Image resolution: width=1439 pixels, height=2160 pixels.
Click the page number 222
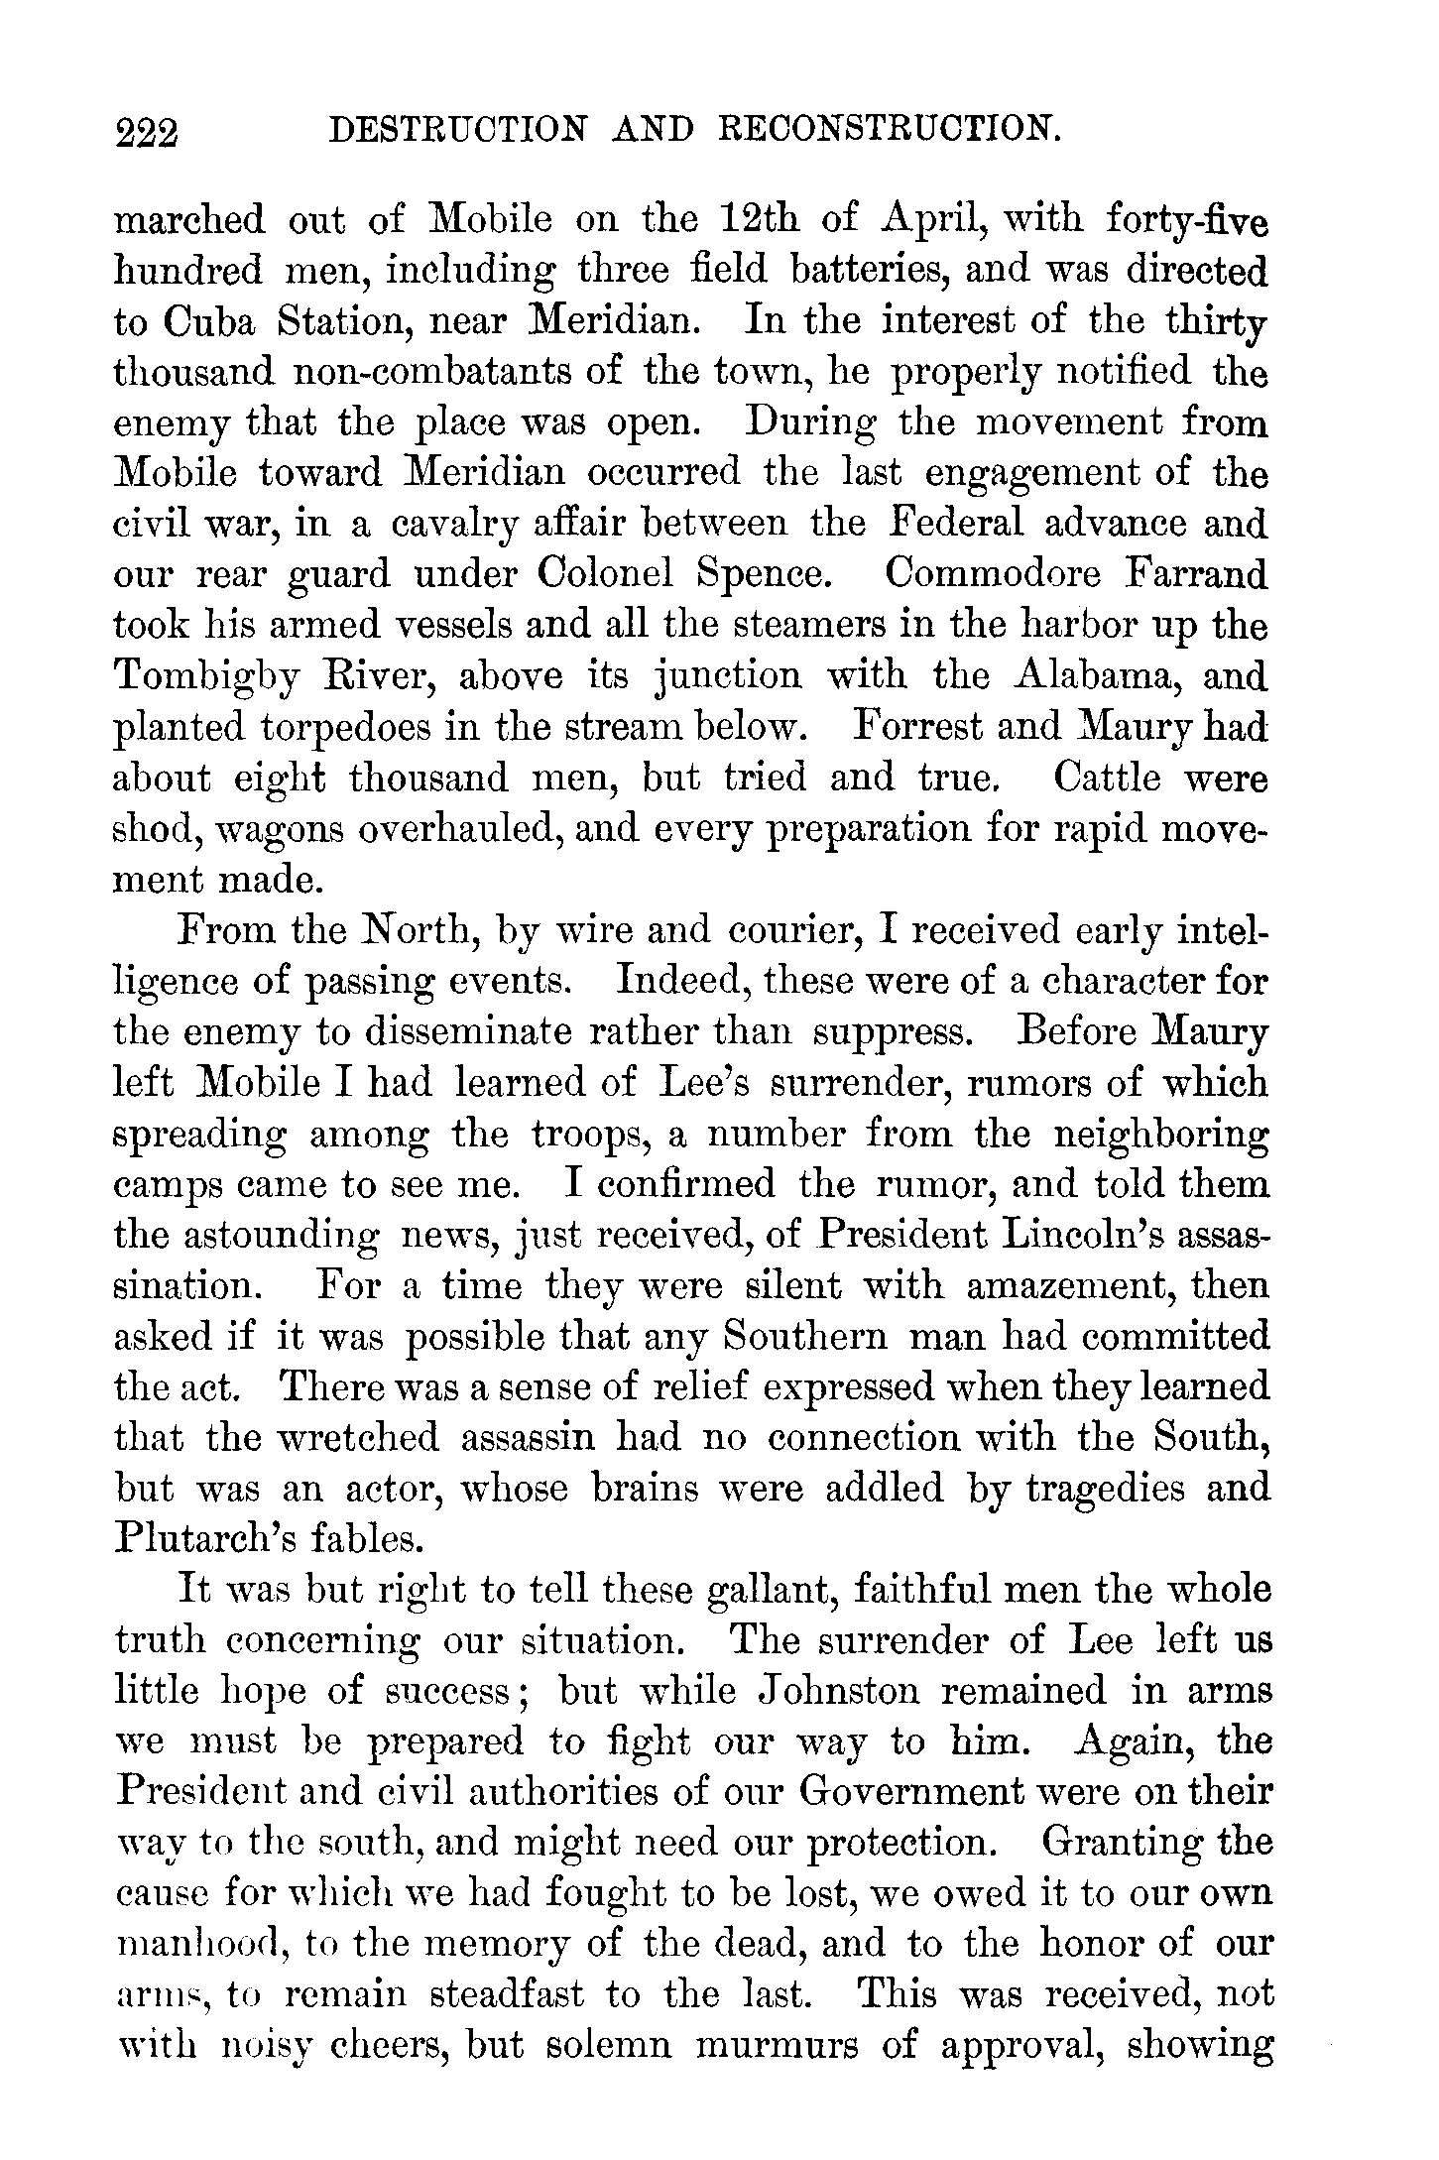pyautogui.click(x=147, y=131)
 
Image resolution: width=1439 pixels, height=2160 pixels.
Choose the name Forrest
pyautogui.click(x=919, y=728)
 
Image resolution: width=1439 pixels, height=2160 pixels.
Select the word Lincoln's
pyautogui.click(x=1087, y=1236)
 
